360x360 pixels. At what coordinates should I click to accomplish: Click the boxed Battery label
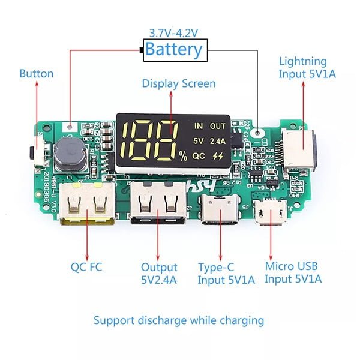pos(174,49)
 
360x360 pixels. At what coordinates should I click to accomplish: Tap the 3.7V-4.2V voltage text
pos(174,33)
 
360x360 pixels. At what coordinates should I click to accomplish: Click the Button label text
pos(37,74)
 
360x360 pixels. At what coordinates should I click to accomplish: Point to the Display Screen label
pos(179,83)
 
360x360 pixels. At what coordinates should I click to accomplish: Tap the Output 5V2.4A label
pos(159,273)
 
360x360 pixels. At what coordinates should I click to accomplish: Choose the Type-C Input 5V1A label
pos(226,273)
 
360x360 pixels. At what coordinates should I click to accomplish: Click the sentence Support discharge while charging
pos(179,320)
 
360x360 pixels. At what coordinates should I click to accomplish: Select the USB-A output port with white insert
pos(158,206)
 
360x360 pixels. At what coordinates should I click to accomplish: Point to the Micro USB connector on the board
pos(270,212)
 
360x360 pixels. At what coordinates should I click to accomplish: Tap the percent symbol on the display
pos(182,157)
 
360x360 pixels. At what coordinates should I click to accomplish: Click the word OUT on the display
pos(218,126)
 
